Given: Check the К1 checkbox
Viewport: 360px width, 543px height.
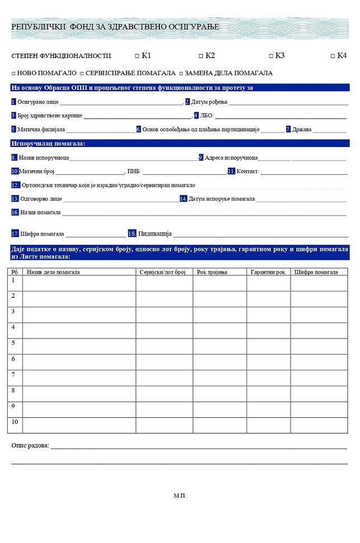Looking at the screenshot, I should [x=137, y=56].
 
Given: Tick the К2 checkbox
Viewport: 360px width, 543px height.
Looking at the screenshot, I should [x=201, y=56].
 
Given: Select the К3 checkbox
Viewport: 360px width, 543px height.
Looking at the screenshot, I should [x=271, y=56].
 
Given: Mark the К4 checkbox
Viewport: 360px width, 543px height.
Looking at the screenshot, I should [x=333, y=56].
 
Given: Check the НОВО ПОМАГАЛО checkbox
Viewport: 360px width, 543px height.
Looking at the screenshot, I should [x=13, y=74].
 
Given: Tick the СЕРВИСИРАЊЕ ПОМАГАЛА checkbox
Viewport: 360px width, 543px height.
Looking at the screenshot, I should [x=82, y=74].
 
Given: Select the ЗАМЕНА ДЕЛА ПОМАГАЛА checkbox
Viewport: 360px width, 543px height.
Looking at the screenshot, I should [x=181, y=74].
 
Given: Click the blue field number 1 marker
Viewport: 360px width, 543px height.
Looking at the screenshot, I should [x=13, y=102].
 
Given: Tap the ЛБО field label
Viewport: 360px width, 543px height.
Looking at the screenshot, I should [x=207, y=116].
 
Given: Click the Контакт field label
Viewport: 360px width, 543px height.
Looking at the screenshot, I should [x=248, y=172].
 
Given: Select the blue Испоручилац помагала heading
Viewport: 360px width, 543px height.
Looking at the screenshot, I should [x=48, y=144].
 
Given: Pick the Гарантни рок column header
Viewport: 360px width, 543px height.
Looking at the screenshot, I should [x=268, y=272].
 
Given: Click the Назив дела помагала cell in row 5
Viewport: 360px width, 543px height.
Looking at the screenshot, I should [x=79, y=346].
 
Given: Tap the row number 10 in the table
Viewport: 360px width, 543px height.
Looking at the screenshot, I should [x=15, y=421].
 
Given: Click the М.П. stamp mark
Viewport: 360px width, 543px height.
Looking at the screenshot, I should [x=179, y=496].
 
